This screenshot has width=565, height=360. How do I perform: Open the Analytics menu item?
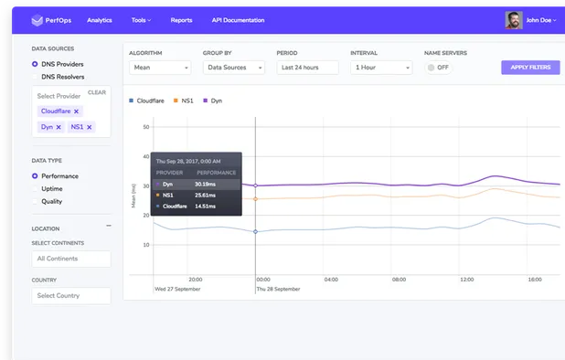[x=100, y=19]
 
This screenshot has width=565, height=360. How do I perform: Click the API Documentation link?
[x=237, y=19]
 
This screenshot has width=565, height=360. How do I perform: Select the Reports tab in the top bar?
[x=181, y=19]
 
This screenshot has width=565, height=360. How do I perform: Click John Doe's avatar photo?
[x=515, y=19]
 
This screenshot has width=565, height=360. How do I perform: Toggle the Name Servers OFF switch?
[x=438, y=68]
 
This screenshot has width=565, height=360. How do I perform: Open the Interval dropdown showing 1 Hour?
[x=381, y=68]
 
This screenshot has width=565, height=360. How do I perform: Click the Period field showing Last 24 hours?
[x=307, y=68]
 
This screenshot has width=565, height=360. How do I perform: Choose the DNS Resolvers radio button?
[x=35, y=78]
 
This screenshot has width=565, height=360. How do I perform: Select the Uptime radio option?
[x=35, y=188]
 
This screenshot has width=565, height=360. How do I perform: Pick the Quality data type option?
[x=35, y=201]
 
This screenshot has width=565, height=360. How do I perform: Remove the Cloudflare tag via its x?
[x=77, y=111]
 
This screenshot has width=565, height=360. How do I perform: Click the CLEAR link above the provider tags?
[x=97, y=92]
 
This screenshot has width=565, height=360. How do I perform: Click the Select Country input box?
[x=71, y=295]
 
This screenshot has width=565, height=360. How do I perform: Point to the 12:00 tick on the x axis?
[x=466, y=280]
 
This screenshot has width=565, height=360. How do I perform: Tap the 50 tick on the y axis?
[x=146, y=127]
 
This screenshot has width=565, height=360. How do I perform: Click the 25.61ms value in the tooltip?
[x=205, y=195]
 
